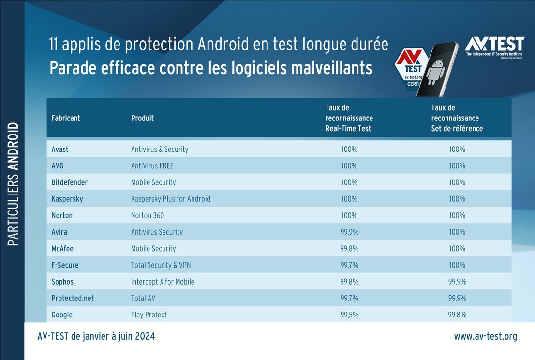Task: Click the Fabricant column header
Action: (x=66, y=118)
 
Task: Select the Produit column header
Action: (x=142, y=118)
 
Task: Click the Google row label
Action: (x=62, y=315)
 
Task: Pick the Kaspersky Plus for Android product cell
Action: (x=170, y=199)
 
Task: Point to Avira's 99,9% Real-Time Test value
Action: (x=349, y=232)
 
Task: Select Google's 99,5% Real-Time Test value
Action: (x=349, y=315)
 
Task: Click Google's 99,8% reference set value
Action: (x=457, y=315)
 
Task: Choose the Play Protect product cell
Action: (x=149, y=315)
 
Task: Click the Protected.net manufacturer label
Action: (x=73, y=298)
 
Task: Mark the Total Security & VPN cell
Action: (x=164, y=265)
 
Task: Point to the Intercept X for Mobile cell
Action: (x=163, y=282)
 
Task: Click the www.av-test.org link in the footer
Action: (x=485, y=336)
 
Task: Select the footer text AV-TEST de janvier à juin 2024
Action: (x=96, y=336)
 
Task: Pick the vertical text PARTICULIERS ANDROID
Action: (x=14, y=184)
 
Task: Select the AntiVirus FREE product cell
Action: (x=152, y=166)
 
